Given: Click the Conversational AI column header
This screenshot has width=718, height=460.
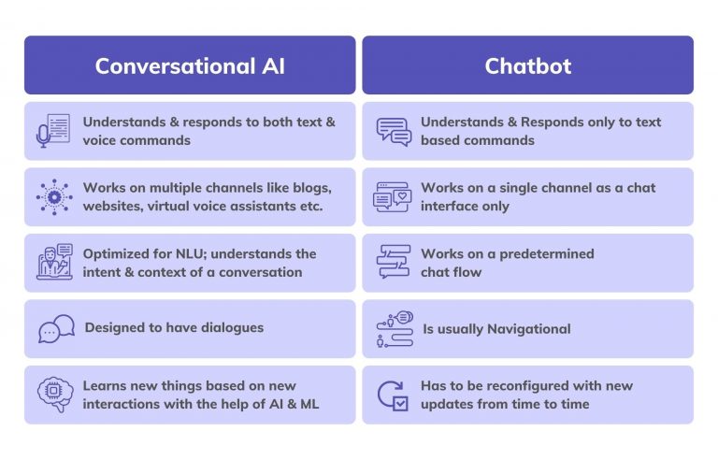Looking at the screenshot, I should click(190, 65).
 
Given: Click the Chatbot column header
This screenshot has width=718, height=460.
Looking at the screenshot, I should click(527, 65).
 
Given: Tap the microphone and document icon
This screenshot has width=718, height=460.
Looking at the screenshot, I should click(53, 131).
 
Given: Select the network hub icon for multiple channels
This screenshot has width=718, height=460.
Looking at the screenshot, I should click(53, 196).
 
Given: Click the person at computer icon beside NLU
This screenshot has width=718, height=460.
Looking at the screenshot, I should click(53, 263).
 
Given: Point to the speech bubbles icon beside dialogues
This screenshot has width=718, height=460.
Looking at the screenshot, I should click(56, 329).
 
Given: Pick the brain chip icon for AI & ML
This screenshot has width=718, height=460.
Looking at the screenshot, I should click(53, 395).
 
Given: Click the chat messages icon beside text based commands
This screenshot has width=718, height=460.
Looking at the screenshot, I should click(394, 131).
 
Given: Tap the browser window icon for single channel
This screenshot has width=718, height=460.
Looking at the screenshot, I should click(393, 196).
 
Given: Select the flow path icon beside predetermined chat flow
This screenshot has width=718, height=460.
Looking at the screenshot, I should click(394, 263).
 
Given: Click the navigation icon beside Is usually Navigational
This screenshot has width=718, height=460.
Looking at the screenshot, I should click(394, 329).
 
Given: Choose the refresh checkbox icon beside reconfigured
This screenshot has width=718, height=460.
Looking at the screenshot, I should click(393, 395).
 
